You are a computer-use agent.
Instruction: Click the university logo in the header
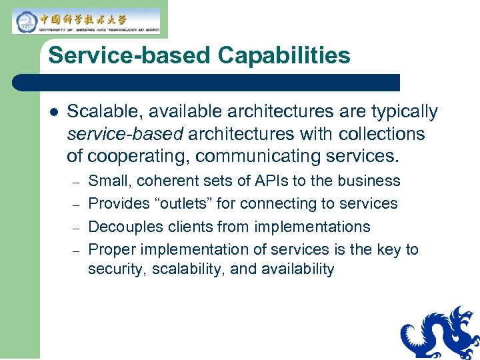point(86,21)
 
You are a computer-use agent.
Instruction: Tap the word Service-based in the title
point(127,55)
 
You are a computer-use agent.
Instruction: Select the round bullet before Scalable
point(53,112)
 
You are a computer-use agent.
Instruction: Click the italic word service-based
point(125,134)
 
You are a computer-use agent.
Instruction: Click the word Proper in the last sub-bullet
point(110,249)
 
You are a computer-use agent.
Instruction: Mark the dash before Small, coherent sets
point(76,182)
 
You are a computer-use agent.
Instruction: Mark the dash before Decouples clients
point(76,227)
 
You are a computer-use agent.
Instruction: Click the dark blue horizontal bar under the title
point(207,82)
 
